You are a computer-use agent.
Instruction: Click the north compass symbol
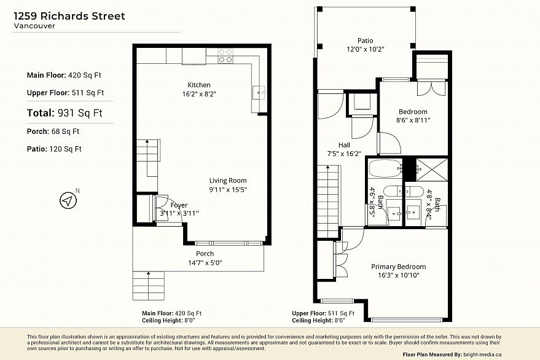click(x=68, y=200)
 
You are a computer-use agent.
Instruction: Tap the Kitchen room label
click(x=198, y=85)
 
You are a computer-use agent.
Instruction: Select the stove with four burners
click(x=225, y=56)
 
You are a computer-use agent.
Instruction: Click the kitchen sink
click(x=259, y=92)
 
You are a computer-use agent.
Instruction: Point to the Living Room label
click(x=228, y=181)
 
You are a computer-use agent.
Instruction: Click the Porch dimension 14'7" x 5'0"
click(x=205, y=263)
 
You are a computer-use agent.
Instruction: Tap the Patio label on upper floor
click(x=365, y=41)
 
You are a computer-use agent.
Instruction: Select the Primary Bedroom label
click(x=399, y=267)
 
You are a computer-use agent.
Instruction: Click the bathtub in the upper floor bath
click(x=385, y=168)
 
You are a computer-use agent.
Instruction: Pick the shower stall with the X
click(x=432, y=170)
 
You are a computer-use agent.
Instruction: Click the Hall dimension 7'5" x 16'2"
click(x=344, y=154)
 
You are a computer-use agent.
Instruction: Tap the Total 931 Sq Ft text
click(x=65, y=113)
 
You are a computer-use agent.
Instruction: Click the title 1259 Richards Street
click(x=69, y=16)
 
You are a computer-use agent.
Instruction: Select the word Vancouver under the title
click(x=34, y=26)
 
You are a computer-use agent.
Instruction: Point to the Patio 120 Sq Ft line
click(x=54, y=149)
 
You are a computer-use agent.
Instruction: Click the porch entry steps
click(x=149, y=286)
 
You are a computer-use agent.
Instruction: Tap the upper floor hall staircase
click(x=328, y=202)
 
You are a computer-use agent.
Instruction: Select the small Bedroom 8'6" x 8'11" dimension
click(x=413, y=120)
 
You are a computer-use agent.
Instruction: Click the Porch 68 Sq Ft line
click(x=53, y=131)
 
